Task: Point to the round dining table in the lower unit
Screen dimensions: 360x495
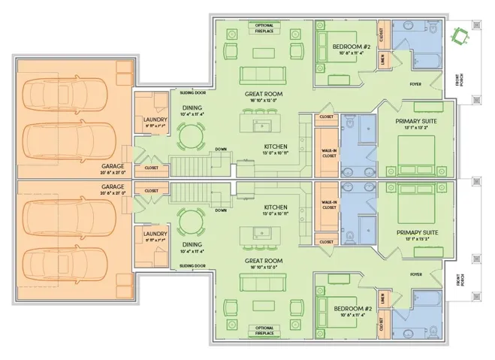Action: [x=192, y=223]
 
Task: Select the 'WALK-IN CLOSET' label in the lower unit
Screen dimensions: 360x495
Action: [x=328, y=204]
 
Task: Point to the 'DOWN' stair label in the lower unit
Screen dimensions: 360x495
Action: [x=221, y=210]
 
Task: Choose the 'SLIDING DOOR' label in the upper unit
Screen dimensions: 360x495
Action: [x=193, y=92]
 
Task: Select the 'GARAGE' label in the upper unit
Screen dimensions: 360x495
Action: [x=113, y=168]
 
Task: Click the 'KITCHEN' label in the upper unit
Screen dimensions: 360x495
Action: [x=276, y=147]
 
